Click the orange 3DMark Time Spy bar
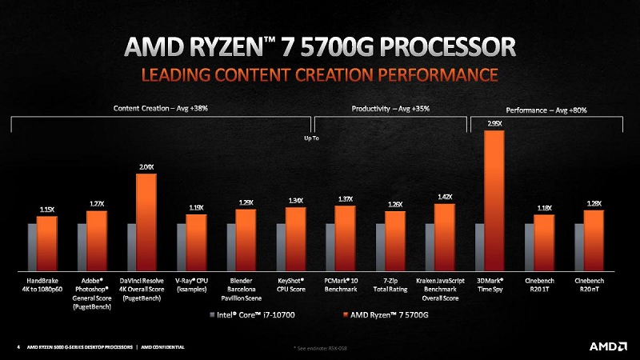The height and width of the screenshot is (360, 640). [495, 198]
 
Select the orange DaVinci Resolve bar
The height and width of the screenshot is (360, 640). [146, 221]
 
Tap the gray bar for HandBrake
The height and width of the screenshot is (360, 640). [32, 246]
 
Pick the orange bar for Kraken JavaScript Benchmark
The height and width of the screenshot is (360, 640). [445, 235]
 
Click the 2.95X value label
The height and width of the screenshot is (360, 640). [495, 123]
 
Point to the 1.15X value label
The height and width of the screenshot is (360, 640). [47, 210]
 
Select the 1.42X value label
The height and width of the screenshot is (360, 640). [445, 197]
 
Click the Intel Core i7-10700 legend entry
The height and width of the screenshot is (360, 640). [253, 314]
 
